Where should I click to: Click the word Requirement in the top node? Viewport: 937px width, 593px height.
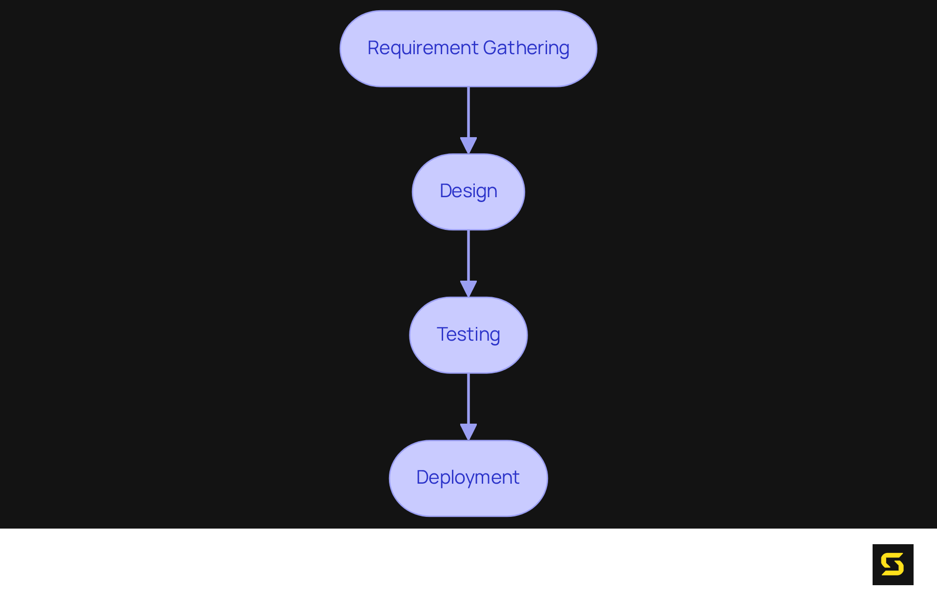[423, 48]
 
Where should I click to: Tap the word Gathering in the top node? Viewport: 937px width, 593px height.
[526, 48]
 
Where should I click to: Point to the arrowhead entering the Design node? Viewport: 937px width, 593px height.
[468, 145]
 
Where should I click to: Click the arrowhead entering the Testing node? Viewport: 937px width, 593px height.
[468, 288]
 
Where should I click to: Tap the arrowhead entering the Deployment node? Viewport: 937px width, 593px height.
[468, 431]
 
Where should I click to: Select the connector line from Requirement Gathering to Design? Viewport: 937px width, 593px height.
[468, 112]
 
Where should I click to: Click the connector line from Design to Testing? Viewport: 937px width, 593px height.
[468, 255]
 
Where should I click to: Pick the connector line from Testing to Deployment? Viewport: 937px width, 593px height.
[468, 398]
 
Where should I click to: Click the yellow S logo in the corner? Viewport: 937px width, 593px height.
[893, 564]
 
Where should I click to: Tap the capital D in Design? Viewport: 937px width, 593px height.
[446, 191]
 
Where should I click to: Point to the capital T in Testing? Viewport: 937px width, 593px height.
[443, 334]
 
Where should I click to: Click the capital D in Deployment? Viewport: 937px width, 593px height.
[422, 477]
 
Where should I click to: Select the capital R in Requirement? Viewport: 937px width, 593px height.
[373, 48]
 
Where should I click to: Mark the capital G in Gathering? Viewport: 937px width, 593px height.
[490, 48]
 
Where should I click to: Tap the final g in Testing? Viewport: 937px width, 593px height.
[494, 336]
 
